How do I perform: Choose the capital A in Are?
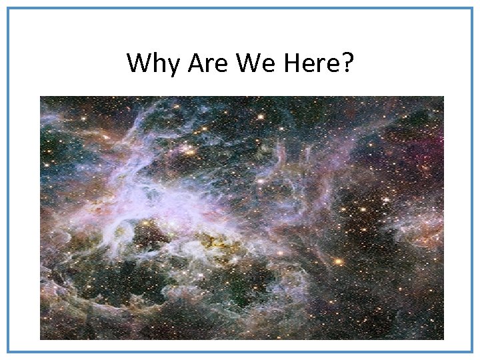click(x=195, y=63)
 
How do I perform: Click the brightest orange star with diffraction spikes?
click(x=339, y=261)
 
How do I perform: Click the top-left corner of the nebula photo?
click(x=41, y=97)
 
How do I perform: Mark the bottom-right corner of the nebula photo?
click(x=443, y=339)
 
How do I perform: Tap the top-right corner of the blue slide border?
click(x=471, y=9)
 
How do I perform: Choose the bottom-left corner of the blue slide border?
click(x=9, y=351)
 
